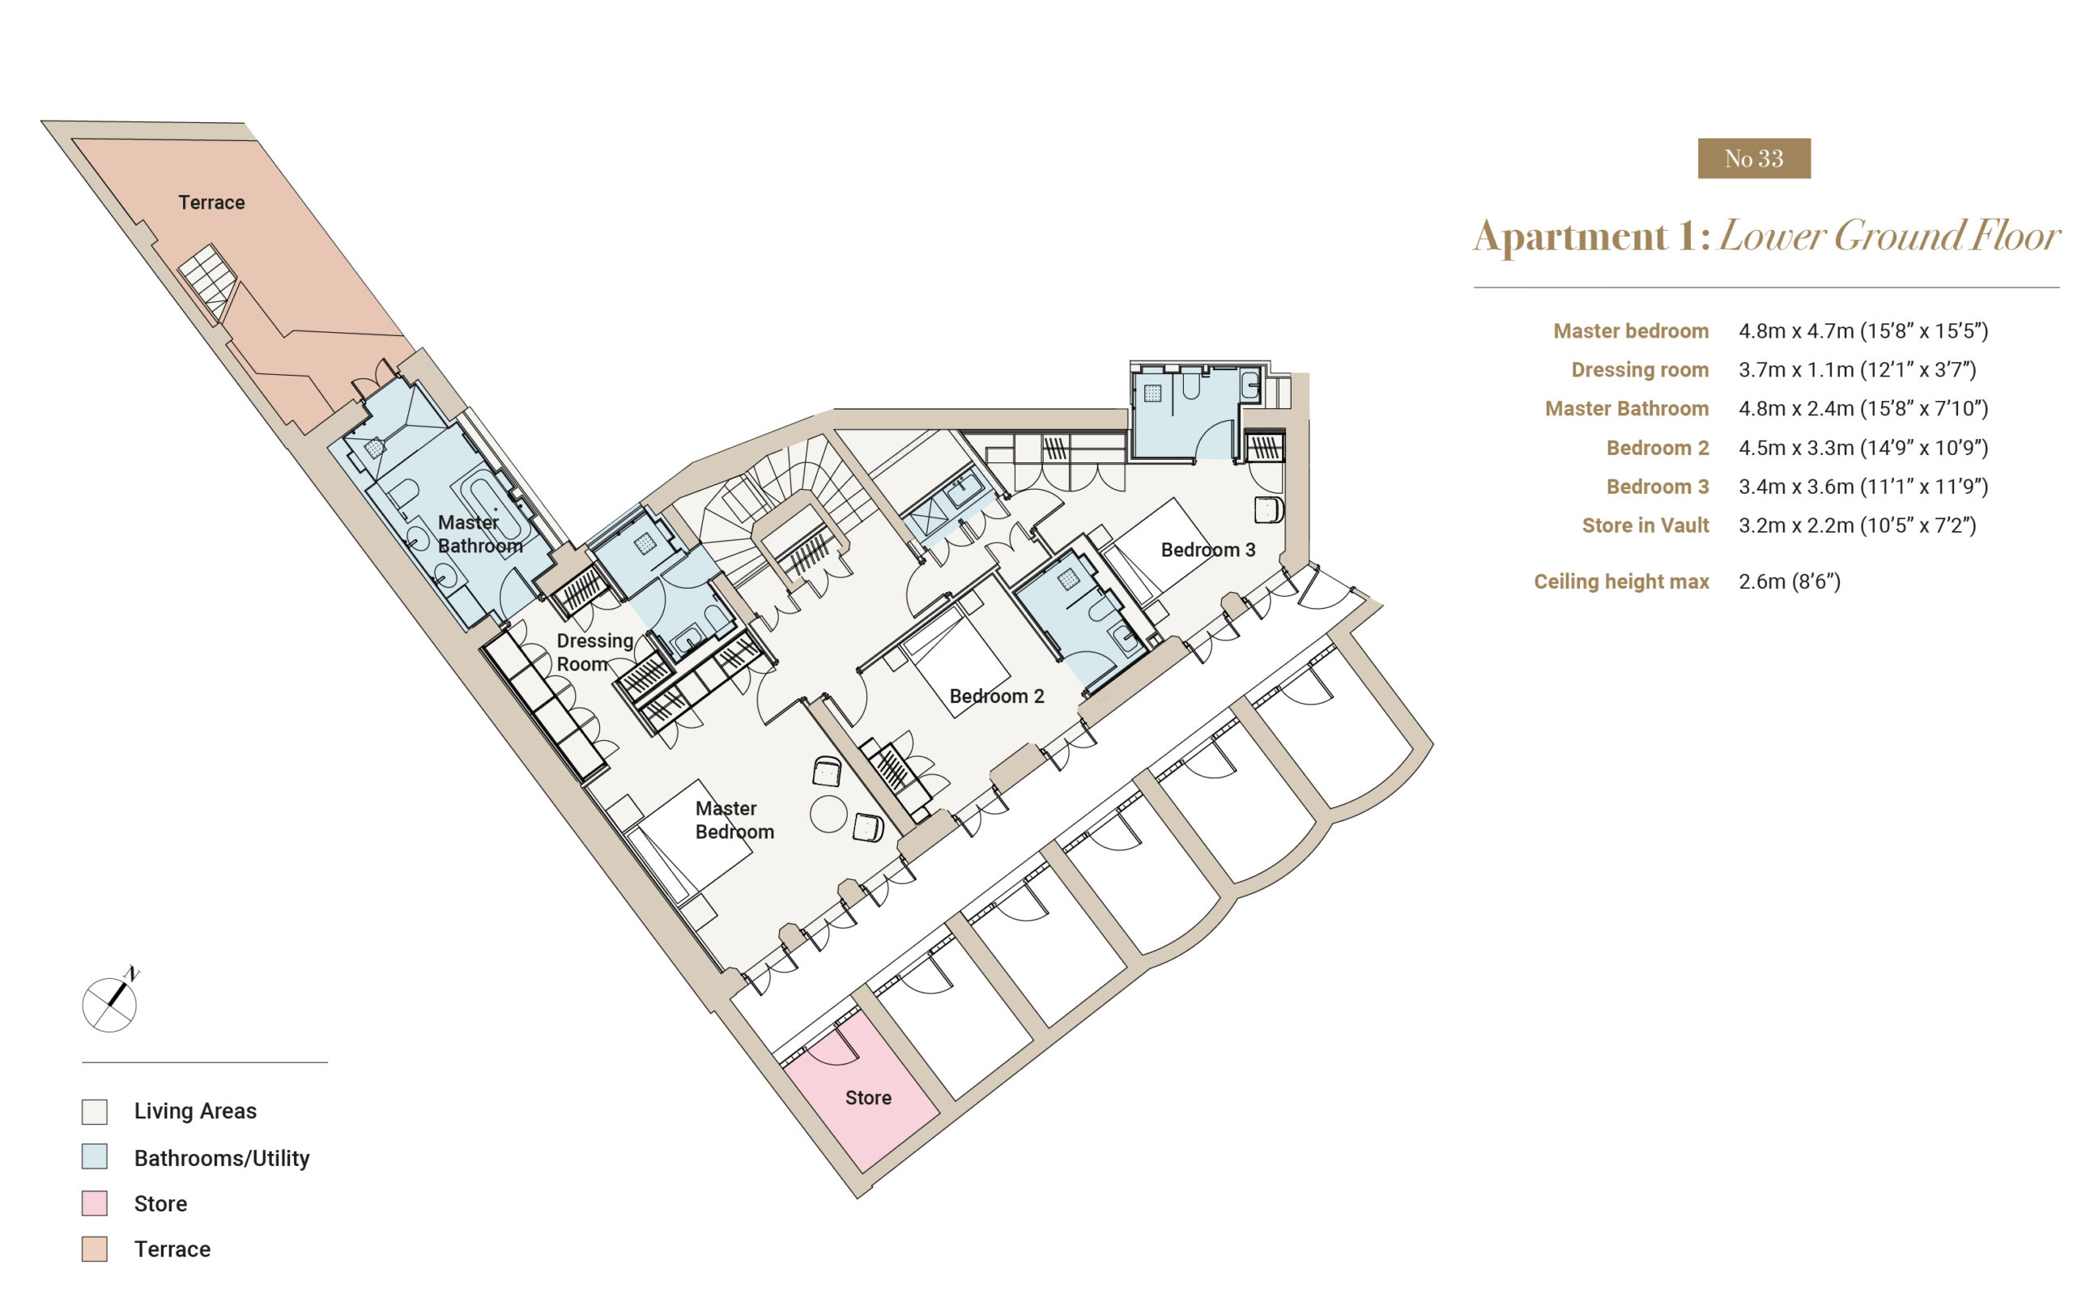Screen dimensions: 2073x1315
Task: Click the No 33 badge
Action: click(x=1754, y=159)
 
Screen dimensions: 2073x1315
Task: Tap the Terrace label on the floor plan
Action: click(x=212, y=202)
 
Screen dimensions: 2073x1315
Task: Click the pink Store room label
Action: click(x=868, y=1097)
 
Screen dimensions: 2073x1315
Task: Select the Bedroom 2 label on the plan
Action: click(x=996, y=696)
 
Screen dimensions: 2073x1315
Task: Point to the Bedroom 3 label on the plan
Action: click(x=1208, y=549)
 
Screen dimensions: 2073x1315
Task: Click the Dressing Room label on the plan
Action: click(x=594, y=653)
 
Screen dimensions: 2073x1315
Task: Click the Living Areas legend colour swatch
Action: click(x=95, y=1111)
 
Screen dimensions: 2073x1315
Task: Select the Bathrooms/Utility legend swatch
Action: click(x=95, y=1155)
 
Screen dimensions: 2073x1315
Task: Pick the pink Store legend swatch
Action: click(x=95, y=1202)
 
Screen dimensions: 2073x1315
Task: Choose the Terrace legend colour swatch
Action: click(x=95, y=1249)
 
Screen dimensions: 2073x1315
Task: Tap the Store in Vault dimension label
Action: click(x=1645, y=525)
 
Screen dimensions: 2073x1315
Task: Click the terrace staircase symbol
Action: click(x=207, y=280)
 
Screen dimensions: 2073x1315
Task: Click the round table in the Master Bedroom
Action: click(x=828, y=813)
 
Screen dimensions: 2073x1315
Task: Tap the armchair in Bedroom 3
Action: click(x=1268, y=509)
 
